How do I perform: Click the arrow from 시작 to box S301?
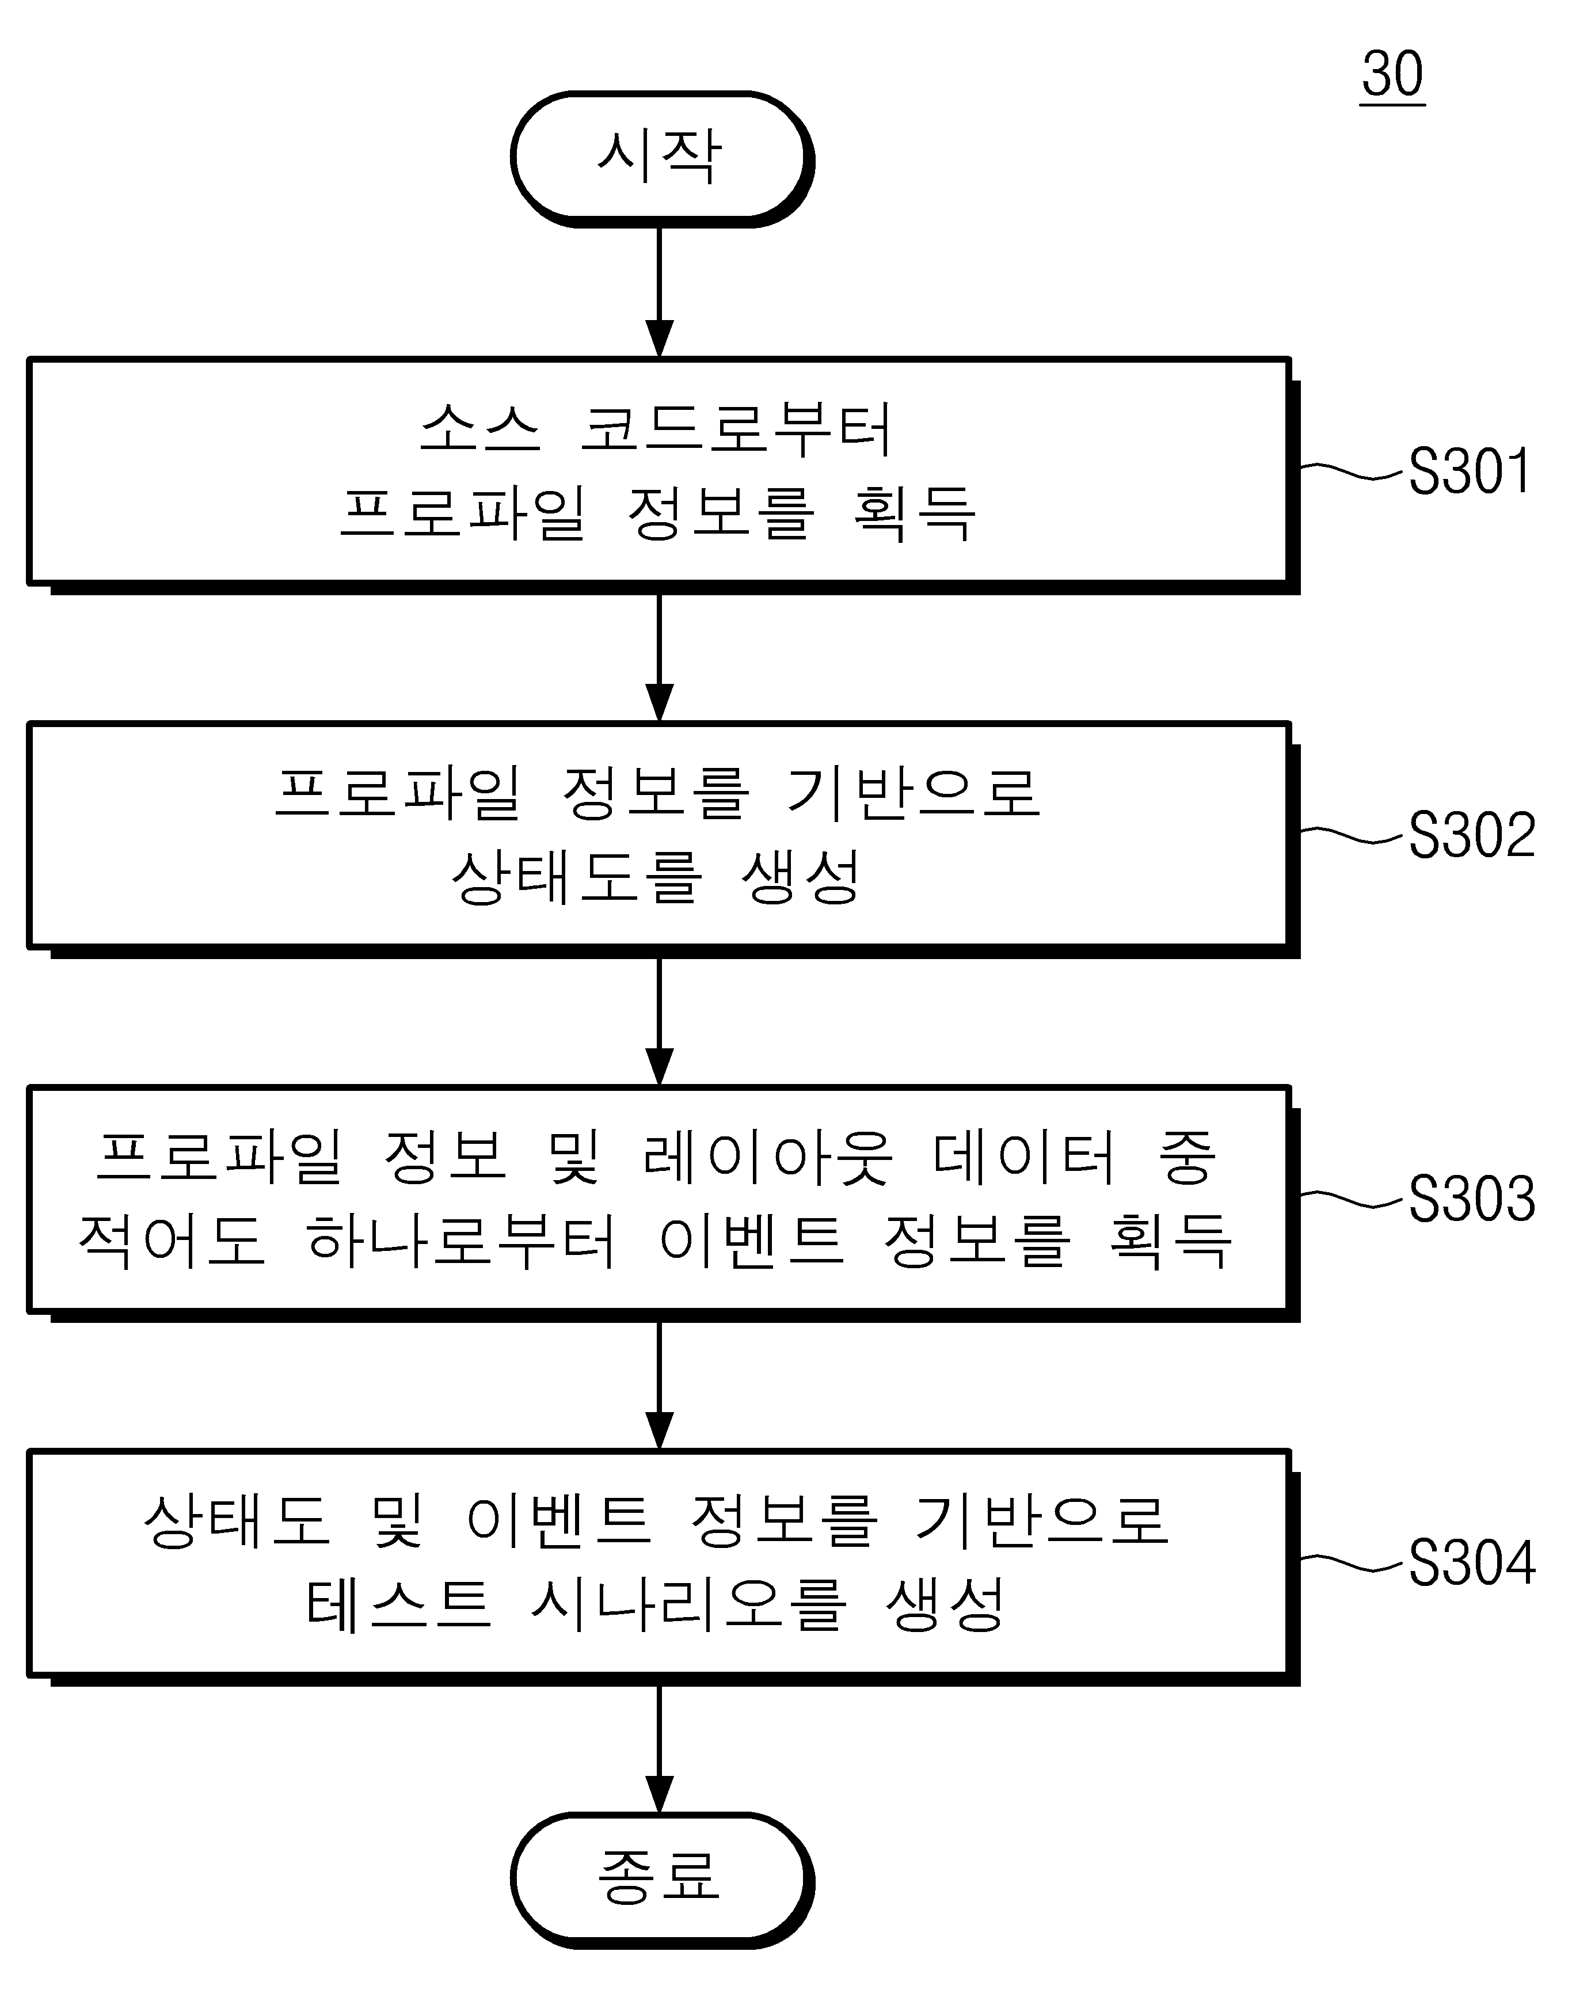coord(659,292)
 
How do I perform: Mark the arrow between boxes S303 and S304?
coord(659,1384)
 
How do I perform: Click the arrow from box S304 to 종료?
coord(659,1748)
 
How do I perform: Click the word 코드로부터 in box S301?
coord(736,430)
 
